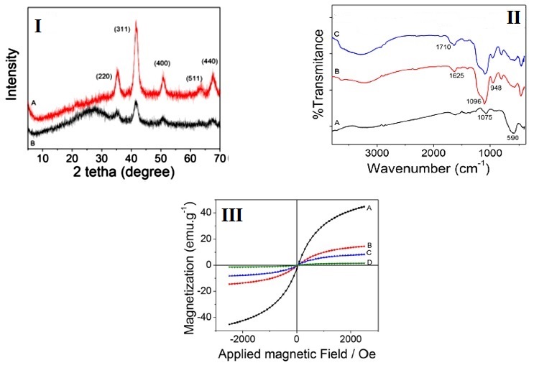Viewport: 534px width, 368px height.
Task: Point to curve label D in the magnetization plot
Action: pos(369,264)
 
